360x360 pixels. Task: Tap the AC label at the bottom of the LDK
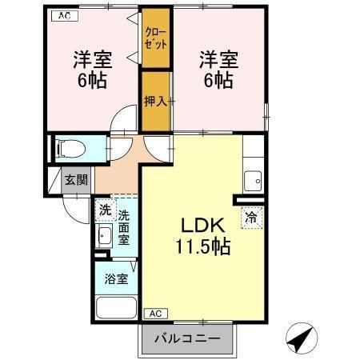pos(155,314)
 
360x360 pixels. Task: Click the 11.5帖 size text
pos(203,247)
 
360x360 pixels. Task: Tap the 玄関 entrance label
pos(77,180)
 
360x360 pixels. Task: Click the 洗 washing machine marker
pos(105,210)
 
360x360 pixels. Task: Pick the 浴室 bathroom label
pos(116,279)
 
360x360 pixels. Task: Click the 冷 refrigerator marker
pos(251,216)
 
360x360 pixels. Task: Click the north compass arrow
pos(300,341)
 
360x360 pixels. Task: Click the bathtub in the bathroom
pos(116,309)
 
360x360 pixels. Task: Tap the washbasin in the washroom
pos(104,236)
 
